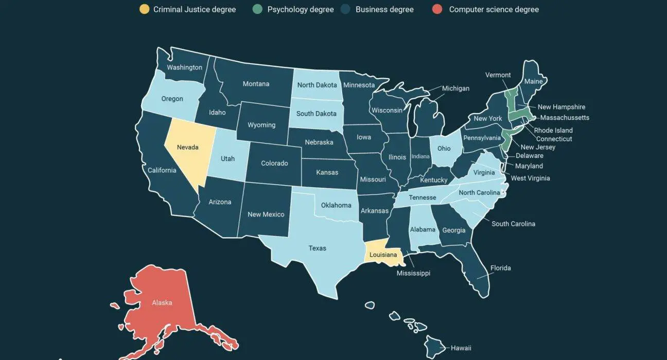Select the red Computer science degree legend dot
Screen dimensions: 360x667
pos(437,9)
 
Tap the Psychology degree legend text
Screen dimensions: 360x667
pos(301,9)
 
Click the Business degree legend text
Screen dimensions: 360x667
pos(384,9)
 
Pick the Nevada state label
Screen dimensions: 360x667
pos(187,147)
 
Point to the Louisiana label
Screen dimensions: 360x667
pos(383,255)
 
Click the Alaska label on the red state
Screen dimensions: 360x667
pos(162,302)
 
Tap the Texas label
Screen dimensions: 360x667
pos(318,248)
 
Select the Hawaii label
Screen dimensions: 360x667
pos(461,348)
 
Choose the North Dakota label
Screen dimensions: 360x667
pos(317,85)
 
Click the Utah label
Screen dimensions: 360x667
pos(228,158)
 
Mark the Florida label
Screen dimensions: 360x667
pos(500,268)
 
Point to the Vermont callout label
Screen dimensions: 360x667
pos(498,75)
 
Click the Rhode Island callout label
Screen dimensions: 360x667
pos(553,130)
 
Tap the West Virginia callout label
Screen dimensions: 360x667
pos(530,178)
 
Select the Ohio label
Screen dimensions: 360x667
pos(444,148)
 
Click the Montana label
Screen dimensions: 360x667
pos(256,84)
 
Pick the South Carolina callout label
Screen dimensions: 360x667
pos(513,224)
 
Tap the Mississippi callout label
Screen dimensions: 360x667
pos(413,273)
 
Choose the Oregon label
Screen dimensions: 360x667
pos(172,99)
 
